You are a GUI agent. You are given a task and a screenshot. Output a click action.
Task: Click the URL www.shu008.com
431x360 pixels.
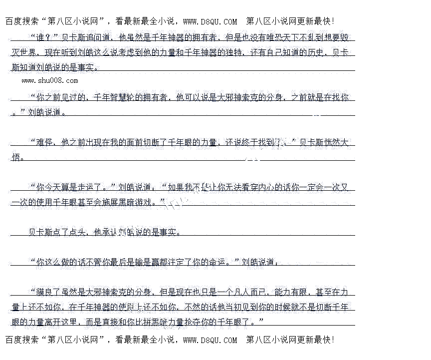tap(49, 80)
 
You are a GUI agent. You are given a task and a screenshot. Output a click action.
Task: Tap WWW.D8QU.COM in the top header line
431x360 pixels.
tap(210, 21)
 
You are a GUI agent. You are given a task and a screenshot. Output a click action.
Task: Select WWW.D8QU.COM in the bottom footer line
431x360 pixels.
tap(210, 340)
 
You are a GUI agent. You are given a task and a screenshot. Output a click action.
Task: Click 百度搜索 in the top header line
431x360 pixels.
tap(20, 21)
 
